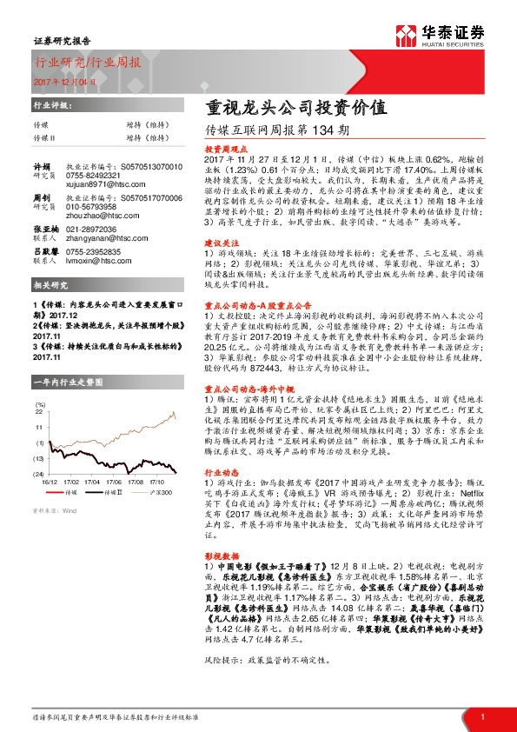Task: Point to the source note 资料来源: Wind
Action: [x=53, y=510]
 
